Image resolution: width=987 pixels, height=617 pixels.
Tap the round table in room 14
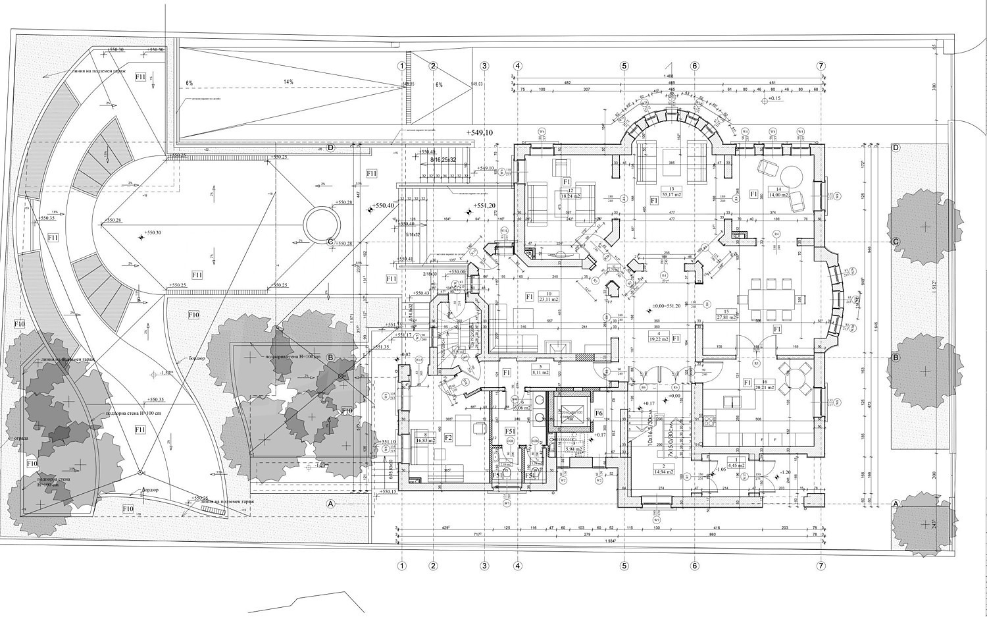(790, 176)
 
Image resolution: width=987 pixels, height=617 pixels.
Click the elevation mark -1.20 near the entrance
(785, 472)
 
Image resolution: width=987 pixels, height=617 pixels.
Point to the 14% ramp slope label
(288, 82)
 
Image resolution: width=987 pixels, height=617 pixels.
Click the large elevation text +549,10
(480, 133)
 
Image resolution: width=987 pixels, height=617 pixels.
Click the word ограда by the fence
(18, 437)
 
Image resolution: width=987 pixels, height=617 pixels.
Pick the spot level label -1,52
(165, 373)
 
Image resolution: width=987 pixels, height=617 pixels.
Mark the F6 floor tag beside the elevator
(599, 413)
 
